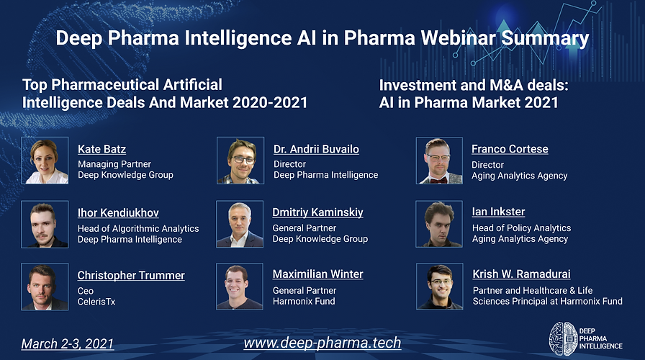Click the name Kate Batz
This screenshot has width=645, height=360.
point(102,149)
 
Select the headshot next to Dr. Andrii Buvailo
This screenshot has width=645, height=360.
point(240,160)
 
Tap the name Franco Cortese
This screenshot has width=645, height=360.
point(510,148)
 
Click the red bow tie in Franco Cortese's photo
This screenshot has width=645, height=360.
point(440,180)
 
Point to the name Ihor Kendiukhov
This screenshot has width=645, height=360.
point(118,212)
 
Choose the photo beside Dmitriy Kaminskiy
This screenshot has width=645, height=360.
point(240,224)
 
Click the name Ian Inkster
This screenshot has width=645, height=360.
point(499,212)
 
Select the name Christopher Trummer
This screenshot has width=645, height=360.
point(131,275)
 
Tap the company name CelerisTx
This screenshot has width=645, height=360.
point(96,302)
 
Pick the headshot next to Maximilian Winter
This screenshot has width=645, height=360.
point(240,287)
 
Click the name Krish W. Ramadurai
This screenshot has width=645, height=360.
point(522,274)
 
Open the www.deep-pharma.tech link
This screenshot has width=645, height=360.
point(322,343)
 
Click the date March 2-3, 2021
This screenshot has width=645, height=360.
point(68,343)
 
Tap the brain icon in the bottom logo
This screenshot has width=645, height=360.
point(563,338)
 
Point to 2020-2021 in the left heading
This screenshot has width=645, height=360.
point(270,102)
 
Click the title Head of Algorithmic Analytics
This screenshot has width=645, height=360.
point(138,228)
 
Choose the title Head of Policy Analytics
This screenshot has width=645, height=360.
point(522,228)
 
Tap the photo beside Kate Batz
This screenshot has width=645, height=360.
point(45,161)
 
